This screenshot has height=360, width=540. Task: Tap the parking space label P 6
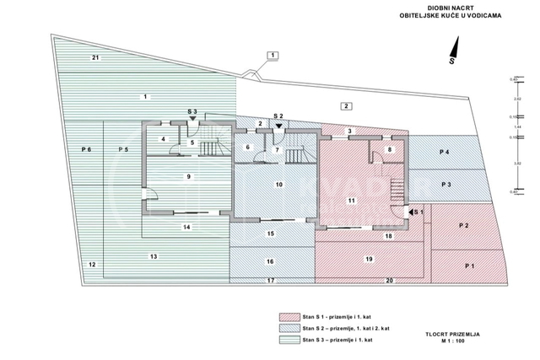click(x=86, y=149)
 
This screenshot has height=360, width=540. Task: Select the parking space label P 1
click(x=470, y=266)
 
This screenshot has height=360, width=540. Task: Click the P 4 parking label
click(x=445, y=152)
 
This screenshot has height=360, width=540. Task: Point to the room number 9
click(x=188, y=176)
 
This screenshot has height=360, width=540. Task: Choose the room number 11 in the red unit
click(x=352, y=200)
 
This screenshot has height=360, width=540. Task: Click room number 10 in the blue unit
click(x=278, y=183)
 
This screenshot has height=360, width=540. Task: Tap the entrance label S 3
click(x=192, y=112)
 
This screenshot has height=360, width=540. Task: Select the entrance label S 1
click(x=418, y=212)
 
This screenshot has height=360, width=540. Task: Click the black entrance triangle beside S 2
click(x=278, y=123)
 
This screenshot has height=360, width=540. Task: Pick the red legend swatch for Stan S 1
click(x=289, y=318)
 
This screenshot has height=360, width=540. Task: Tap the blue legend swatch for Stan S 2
click(x=289, y=329)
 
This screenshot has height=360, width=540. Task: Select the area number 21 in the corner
click(x=95, y=57)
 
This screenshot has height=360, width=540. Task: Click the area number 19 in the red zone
click(x=369, y=258)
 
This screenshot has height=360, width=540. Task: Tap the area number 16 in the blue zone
click(x=270, y=261)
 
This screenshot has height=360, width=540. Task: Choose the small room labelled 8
click(x=389, y=149)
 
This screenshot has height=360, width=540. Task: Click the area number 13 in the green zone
click(x=153, y=255)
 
